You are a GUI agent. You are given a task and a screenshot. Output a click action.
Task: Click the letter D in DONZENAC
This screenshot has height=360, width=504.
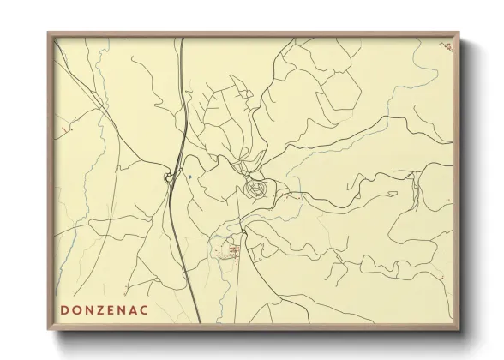click(65, 308)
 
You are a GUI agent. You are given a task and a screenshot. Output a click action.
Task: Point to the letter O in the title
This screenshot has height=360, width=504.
click(75, 308)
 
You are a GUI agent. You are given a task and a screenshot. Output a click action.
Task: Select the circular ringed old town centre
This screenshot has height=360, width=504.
click(255, 187)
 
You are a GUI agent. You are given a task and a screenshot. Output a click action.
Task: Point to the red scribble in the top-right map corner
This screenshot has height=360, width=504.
click(447, 46)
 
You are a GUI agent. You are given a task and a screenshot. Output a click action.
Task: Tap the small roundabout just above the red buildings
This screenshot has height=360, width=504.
click(243, 231)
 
